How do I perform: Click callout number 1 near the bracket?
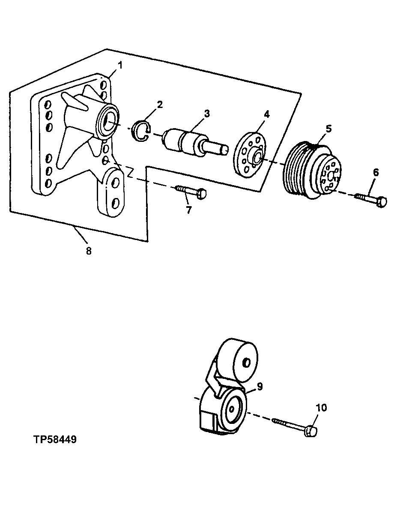point(120,65)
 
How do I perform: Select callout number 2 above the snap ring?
point(159,104)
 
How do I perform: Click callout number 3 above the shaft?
point(207,114)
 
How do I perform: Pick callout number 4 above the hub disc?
point(266,114)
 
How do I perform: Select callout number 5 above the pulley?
point(328,128)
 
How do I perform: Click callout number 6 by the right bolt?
point(376,173)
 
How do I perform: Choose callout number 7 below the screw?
point(188,210)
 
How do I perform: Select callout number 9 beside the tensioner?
point(260,386)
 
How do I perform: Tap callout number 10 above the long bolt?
point(321,407)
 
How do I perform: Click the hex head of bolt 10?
point(311,432)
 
